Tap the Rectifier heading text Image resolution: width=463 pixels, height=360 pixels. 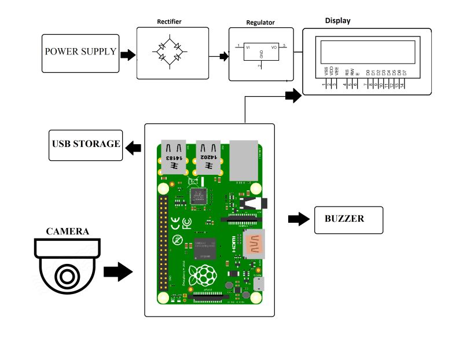[169, 21]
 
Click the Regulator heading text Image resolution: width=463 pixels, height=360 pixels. [260, 23]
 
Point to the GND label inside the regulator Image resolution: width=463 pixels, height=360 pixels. [262, 54]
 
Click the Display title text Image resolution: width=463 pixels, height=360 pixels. [337, 21]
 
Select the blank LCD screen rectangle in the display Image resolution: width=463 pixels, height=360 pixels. [365, 52]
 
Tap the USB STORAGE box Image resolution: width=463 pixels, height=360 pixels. [86, 145]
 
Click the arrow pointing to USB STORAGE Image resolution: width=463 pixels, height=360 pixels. [134, 148]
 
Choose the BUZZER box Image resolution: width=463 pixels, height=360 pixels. [348, 219]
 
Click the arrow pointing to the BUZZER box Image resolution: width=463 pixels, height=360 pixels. [298, 219]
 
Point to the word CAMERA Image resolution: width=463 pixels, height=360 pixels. [68, 232]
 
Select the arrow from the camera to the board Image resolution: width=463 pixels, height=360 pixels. [118, 271]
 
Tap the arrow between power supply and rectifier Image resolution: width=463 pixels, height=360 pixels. [127, 54]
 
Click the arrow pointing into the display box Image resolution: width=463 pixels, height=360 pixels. [293, 96]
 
